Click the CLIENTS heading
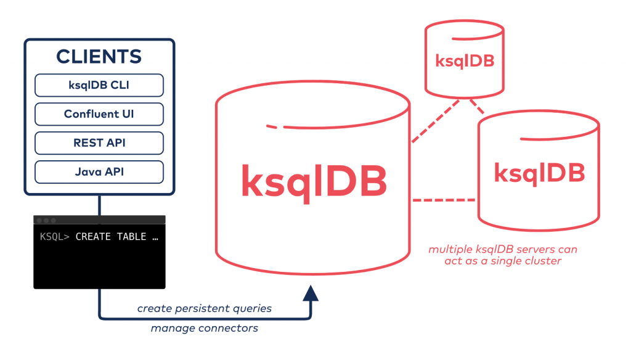pos(99,57)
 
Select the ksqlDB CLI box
pos(99,86)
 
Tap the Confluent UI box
pos(99,114)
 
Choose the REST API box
pos(99,142)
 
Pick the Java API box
pos(99,171)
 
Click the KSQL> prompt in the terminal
pos(55,237)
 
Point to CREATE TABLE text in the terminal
pos(111,237)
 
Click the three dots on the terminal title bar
pos(46,220)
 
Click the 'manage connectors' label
pos(204,329)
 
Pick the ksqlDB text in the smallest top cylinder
pos(465,61)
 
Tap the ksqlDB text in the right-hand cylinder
pos(539,173)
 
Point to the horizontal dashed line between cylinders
pos(444,200)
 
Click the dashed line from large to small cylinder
pos(435,121)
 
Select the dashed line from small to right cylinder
pos(477,107)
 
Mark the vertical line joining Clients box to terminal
pos(99,205)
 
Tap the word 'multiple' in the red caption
pos(448,250)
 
